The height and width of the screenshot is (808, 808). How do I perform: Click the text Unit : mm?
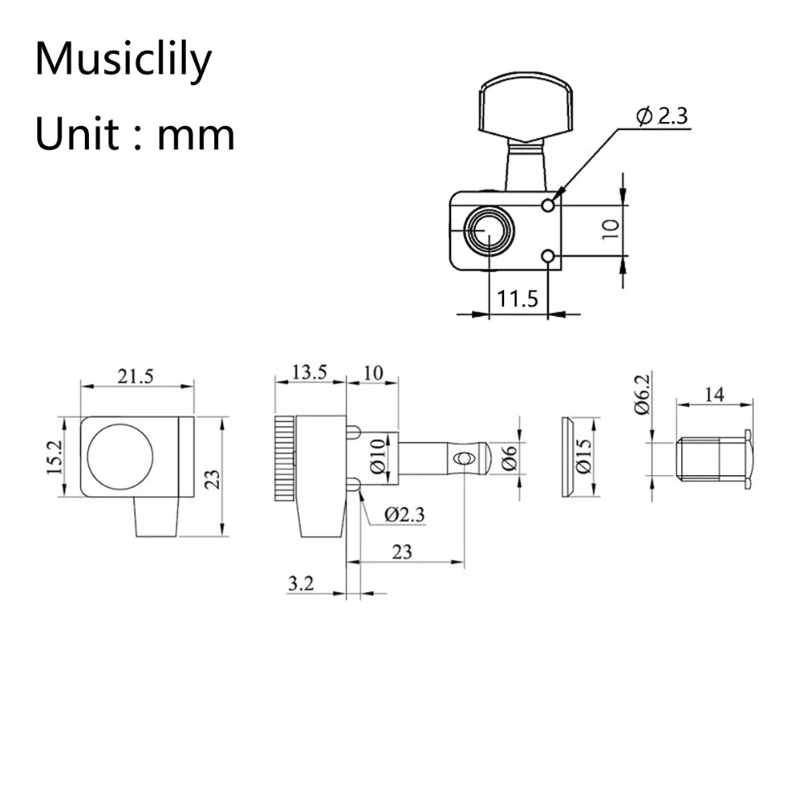click(x=135, y=133)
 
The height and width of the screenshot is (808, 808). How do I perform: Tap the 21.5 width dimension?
click(x=137, y=376)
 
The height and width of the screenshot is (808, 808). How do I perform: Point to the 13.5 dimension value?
click(x=309, y=372)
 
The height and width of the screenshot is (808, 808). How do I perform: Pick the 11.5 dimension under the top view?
click(x=517, y=300)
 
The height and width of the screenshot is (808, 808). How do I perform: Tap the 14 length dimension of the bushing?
click(x=714, y=394)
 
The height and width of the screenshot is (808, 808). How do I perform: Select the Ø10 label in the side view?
click(x=377, y=459)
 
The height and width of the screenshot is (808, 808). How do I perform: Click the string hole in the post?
click(x=462, y=459)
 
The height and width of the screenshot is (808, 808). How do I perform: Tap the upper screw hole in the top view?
click(x=549, y=205)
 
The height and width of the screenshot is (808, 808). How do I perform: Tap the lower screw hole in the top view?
click(x=549, y=257)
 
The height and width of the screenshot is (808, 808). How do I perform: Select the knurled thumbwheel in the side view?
click(x=285, y=459)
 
